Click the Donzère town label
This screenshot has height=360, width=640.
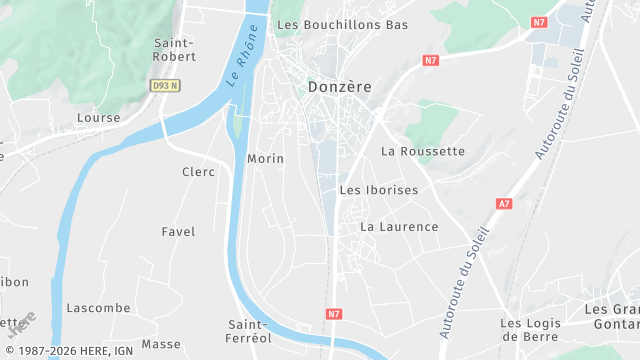click(340, 87)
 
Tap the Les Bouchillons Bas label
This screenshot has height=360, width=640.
click(342, 24)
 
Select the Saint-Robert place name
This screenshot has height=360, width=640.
click(173, 49)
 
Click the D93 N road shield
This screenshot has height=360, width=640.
click(165, 86)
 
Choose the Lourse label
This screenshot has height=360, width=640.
click(98, 118)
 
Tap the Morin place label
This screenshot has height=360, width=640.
click(265, 159)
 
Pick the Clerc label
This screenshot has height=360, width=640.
click(198, 172)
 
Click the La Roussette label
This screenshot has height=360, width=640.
click(423, 151)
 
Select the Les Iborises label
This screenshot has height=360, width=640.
click(379, 189)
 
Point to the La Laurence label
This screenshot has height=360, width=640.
click(399, 227)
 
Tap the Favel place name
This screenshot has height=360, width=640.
click(178, 231)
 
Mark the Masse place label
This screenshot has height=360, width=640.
click(161, 344)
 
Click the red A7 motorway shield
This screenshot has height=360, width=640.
click(503, 204)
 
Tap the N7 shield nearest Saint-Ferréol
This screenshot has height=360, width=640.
click(334, 313)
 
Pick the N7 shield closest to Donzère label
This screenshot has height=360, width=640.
click(431, 60)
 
